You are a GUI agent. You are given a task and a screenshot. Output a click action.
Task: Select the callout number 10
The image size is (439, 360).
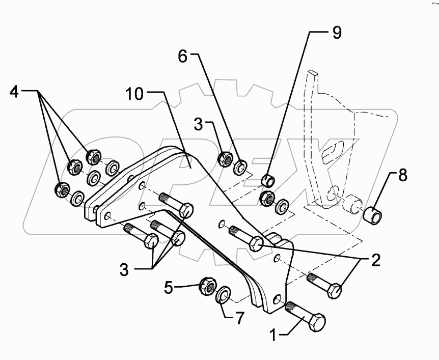point(138,94)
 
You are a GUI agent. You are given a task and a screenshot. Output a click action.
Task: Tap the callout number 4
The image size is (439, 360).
point(15,94)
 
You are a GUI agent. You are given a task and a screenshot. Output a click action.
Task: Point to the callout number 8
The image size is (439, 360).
point(402,176)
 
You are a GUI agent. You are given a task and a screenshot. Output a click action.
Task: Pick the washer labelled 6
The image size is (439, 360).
point(240,166)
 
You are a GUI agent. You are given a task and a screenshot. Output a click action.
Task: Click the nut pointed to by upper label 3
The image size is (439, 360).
point(224,159)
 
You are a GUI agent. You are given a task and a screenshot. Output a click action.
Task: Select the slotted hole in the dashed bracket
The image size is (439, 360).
point(333,152)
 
